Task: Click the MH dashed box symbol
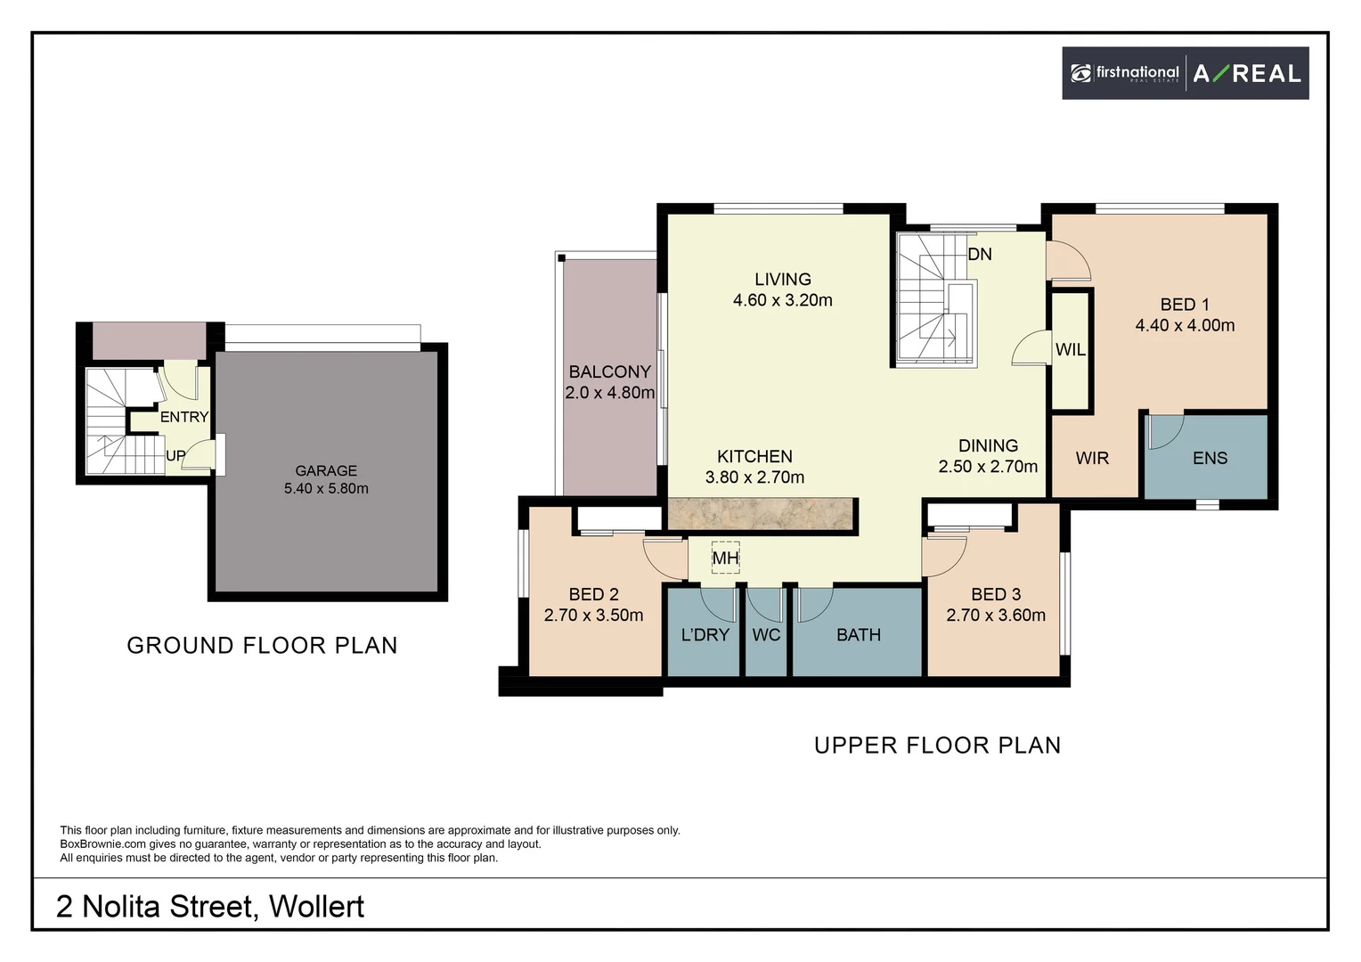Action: (725, 558)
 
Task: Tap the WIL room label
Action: (1070, 350)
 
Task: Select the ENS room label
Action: (1210, 458)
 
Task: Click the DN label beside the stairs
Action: (980, 255)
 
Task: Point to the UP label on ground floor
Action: (175, 455)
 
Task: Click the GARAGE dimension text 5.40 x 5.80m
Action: (326, 489)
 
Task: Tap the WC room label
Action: (766, 635)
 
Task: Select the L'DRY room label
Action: (705, 635)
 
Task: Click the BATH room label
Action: (858, 635)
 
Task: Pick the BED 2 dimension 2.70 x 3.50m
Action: (593, 616)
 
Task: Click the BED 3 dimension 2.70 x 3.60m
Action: (996, 616)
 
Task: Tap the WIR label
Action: (1092, 458)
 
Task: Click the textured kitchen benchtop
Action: (762, 516)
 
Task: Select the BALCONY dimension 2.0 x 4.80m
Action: (609, 393)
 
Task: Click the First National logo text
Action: (1137, 73)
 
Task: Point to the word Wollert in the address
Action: (316, 907)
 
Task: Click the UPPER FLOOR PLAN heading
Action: (937, 746)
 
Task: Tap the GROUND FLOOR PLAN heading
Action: (262, 646)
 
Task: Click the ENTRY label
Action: (184, 417)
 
